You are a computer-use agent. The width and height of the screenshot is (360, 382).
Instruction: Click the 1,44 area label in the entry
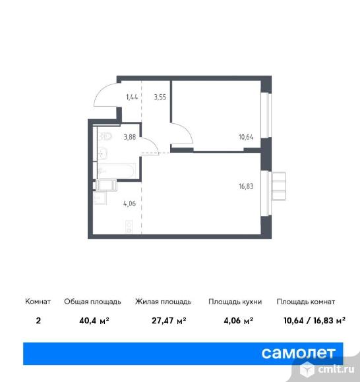pyautogui.click(x=132, y=97)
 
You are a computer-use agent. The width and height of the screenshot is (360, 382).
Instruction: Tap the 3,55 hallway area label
pyautogui.click(x=160, y=97)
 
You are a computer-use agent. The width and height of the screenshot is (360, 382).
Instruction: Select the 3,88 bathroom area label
pyautogui.click(x=130, y=137)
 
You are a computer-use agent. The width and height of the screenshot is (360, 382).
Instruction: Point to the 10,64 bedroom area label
pyautogui.click(x=246, y=137)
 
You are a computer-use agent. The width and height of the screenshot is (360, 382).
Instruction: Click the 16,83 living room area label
pyautogui.click(x=246, y=186)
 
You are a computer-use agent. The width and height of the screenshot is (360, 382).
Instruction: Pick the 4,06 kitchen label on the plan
pyautogui.click(x=129, y=204)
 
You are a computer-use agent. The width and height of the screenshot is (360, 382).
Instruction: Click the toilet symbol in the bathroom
pyautogui.click(x=105, y=136)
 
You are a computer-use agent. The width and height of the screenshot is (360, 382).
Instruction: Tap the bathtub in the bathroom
pyautogui.click(x=117, y=171)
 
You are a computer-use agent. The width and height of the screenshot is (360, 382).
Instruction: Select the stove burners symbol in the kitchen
pyautogui.click(x=129, y=227)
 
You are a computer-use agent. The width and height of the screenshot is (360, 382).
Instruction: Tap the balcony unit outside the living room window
pyautogui.click(x=278, y=186)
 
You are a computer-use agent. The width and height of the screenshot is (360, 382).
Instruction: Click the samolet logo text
pyautogui.click(x=298, y=353)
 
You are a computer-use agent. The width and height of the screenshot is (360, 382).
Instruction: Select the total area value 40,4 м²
pyautogui.click(x=94, y=321)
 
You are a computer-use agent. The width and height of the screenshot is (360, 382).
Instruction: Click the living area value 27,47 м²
pyautogui.click(x=169, y=321)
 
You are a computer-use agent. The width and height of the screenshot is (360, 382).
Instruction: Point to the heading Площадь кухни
pyautogui.click(x=235, y=302)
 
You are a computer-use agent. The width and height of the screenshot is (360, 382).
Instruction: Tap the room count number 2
pyautogui.click(x=38, y=321)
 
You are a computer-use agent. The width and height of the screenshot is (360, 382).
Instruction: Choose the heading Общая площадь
pyautogui.click(x=92, y=302)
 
